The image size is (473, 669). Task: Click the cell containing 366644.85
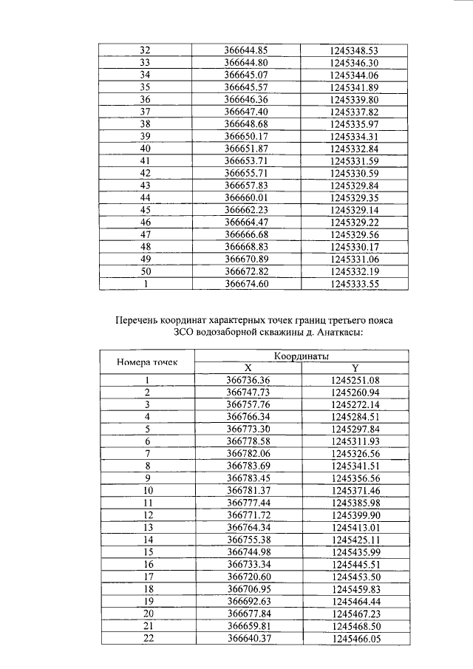point(245,50)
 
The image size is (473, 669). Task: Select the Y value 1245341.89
point(355,87)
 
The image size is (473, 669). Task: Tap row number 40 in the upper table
point(145,149)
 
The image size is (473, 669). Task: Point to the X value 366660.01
point(245,197)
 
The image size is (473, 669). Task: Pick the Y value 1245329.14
point(355,210)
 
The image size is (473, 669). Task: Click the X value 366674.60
point(245,283)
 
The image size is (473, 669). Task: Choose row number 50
point(145,271)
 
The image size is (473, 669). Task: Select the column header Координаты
point(301,356)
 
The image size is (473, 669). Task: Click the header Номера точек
point(146,362)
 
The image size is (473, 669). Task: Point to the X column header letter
point(248,368)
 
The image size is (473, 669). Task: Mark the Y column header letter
point(355,368)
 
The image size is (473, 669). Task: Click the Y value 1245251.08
point(355,380)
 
